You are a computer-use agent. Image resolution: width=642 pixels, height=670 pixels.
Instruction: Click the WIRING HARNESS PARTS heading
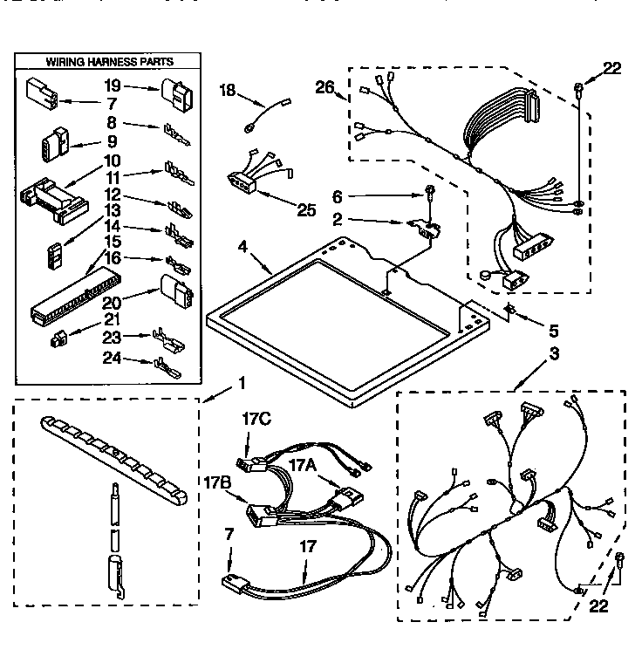tap(108, 62)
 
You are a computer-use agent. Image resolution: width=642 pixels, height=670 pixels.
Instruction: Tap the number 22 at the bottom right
tap(597, 606)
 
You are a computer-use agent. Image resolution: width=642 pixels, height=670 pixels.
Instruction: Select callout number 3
tap(529, 354)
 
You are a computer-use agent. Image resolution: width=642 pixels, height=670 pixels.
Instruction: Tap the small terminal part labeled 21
tap(58, 337)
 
